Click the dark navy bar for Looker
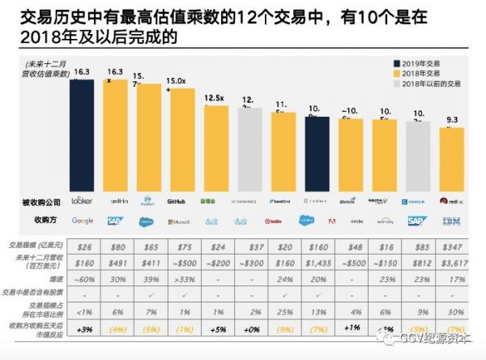tap(82, 133)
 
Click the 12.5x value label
tap(214, 98)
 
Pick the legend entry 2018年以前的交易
tap(426, 83)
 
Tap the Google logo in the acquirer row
tap(83, 221)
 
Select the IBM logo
tap(450, 221)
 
